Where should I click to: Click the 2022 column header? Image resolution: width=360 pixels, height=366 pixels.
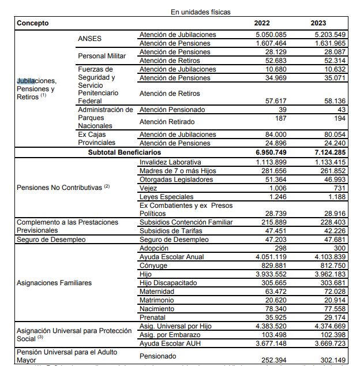tap(261, 23)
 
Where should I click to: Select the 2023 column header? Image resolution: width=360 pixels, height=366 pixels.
tap(319, 23)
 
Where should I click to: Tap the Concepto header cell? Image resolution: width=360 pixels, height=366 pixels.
tap(33, 23)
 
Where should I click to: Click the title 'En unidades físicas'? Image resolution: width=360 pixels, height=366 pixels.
tap(201, 12)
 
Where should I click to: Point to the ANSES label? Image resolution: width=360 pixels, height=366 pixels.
tap(89, 39)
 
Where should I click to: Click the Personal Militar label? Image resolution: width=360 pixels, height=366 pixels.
tap(102, 56)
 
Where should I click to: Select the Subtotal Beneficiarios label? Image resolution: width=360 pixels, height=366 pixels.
tap(125, 152)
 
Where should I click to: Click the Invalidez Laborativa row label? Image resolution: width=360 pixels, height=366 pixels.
tap(170, 162)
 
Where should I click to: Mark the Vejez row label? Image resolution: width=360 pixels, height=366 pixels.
tap(149, 188)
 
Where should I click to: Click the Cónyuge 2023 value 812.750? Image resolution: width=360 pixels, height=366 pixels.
tap(332, 266)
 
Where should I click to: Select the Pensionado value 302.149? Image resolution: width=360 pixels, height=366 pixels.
tap(332, 360)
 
